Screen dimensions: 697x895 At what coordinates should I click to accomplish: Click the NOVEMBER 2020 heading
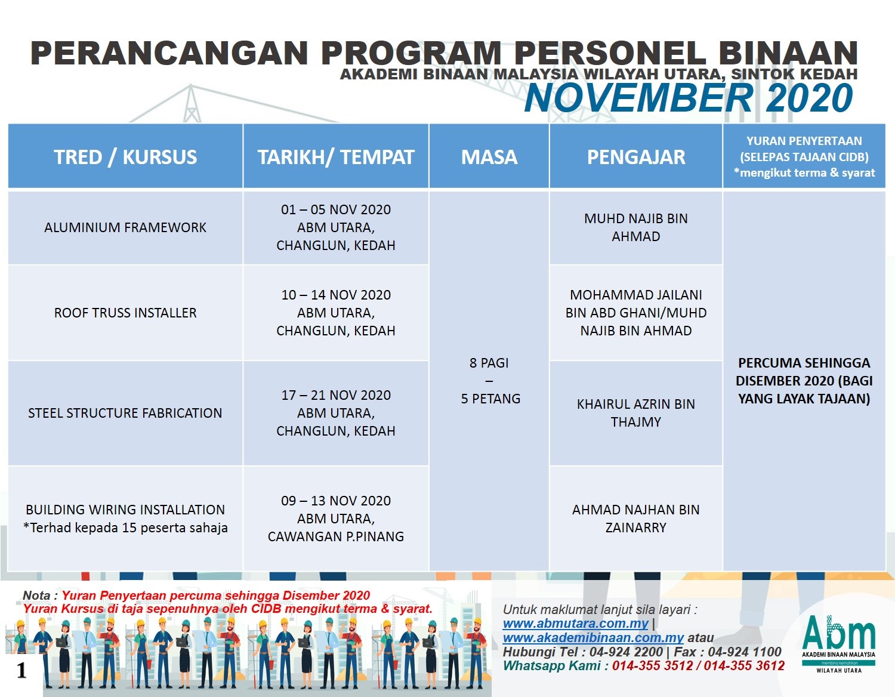[x=689, y=98]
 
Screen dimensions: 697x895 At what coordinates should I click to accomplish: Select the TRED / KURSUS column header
[x=125, y=157]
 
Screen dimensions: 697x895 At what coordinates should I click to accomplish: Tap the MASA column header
[x=489, y=157]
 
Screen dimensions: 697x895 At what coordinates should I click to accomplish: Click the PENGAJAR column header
[x=636, y=157]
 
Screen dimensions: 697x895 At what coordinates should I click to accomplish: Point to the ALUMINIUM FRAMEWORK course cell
[x=125, y=227]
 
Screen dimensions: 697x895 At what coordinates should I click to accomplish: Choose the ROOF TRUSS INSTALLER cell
[x=125, y=313]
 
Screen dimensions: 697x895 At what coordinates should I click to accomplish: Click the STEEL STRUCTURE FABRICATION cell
[x=125, y=413]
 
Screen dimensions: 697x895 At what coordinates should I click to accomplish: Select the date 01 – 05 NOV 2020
[x=336, y=210]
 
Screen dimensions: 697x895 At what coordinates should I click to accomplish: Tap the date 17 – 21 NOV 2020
[x=336, y=395]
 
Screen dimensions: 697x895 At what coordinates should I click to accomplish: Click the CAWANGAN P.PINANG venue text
[x=336, y=536]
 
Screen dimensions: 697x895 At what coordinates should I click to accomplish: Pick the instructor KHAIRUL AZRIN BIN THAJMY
[x=636, y=413]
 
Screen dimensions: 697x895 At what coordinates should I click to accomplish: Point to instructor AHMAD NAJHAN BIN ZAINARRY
[x=636, y=519]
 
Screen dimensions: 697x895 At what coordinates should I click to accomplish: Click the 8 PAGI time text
[x=489, y=363]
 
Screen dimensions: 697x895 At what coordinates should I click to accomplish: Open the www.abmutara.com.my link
[x=575, y=624]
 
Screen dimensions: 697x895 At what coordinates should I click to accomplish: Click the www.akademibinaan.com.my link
[x=593, y=638]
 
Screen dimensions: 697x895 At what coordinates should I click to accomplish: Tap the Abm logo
[x=838, y=642]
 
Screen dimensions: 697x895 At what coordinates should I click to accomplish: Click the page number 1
[x=22, y=671]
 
